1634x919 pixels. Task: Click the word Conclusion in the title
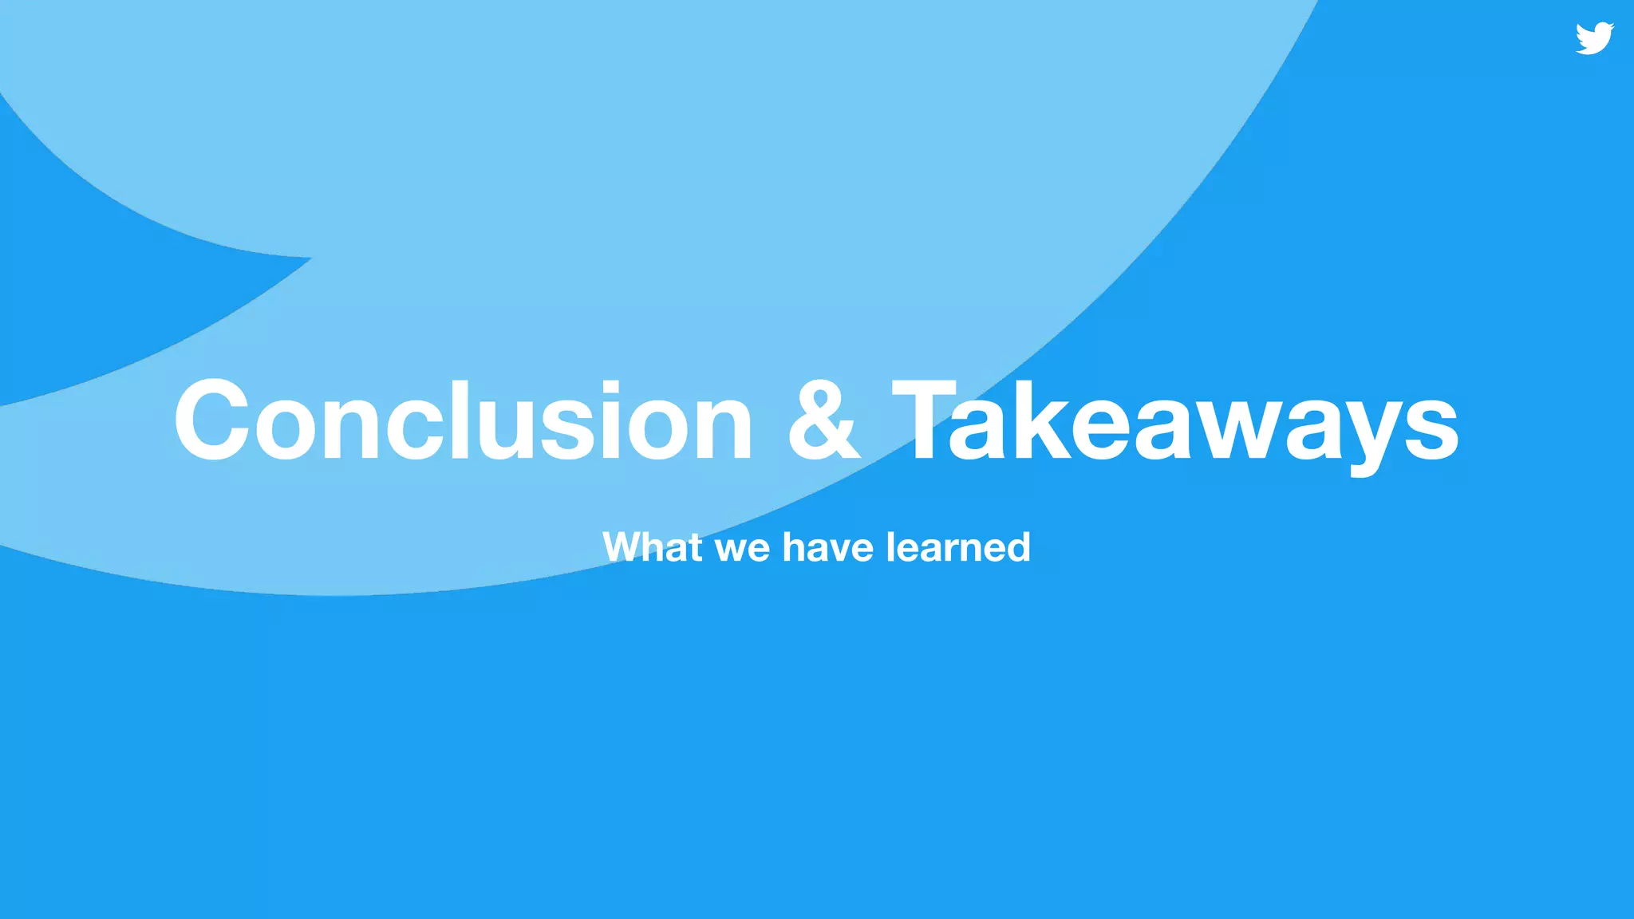tap(463, 421)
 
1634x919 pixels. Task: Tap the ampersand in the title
tap(823, 421)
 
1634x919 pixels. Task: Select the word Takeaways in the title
tap(1174, 421)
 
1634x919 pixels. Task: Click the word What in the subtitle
tap(653, 547)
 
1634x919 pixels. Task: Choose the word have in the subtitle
tap(827, 547)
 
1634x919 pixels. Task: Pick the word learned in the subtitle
tap(957, 547)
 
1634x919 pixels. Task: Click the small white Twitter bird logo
tap(1594, 38)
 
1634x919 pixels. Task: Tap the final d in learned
tap(1016, 547)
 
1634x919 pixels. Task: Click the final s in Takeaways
tap(1432, 431)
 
